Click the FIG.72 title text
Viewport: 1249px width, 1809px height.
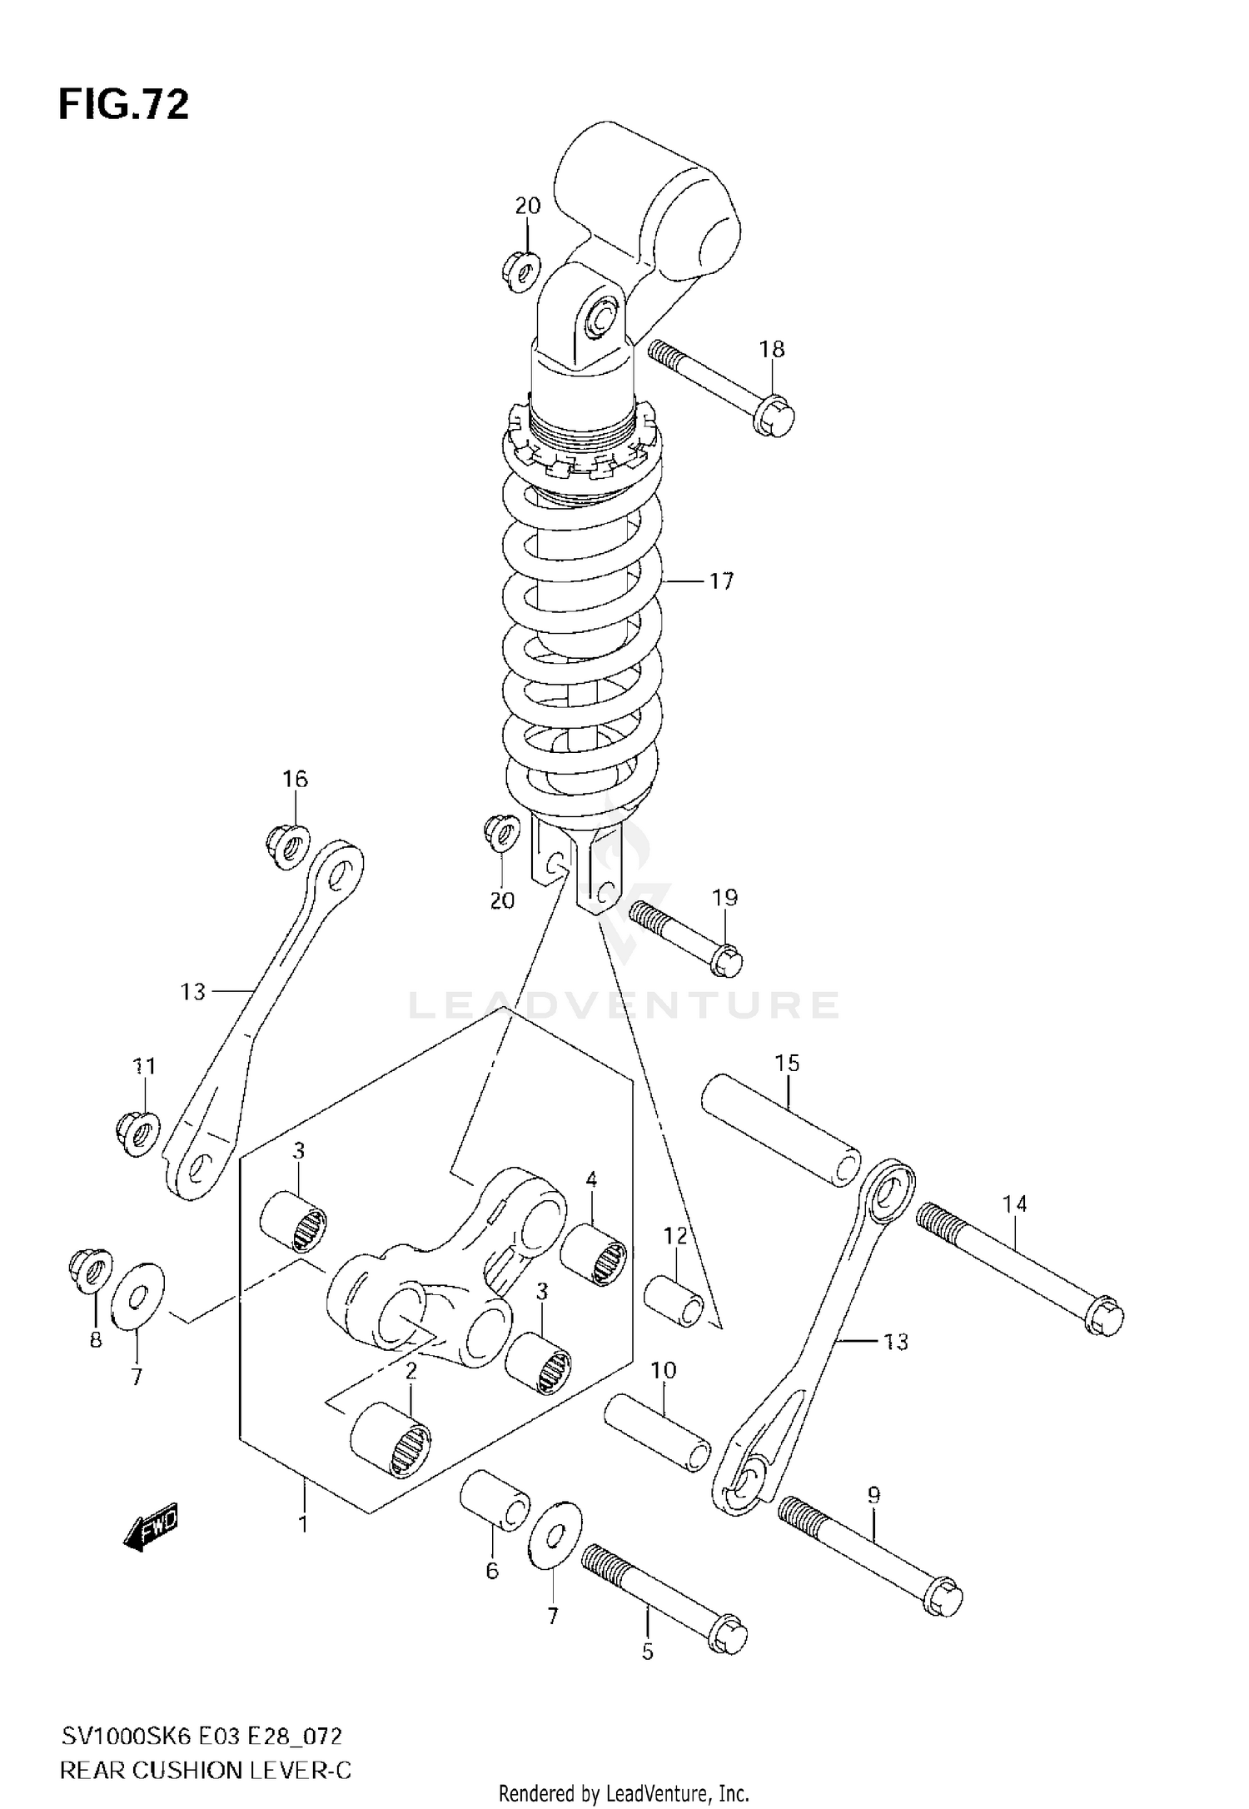(x=123, y=106)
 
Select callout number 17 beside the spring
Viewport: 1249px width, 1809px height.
(x=721, y=581)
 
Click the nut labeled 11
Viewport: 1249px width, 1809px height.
(x=139, y=1134)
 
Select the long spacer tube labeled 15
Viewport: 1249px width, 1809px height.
(x=781, y=1130)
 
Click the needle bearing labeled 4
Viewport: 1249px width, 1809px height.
(x=592, y=1254)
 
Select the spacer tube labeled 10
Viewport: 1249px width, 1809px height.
(x=658, y=1433)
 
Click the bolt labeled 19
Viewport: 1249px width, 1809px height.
(x=685, y=938)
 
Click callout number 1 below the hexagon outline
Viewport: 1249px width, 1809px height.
(x=304, y=1524)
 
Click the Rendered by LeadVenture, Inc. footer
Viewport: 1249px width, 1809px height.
(x=624, y=1792)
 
